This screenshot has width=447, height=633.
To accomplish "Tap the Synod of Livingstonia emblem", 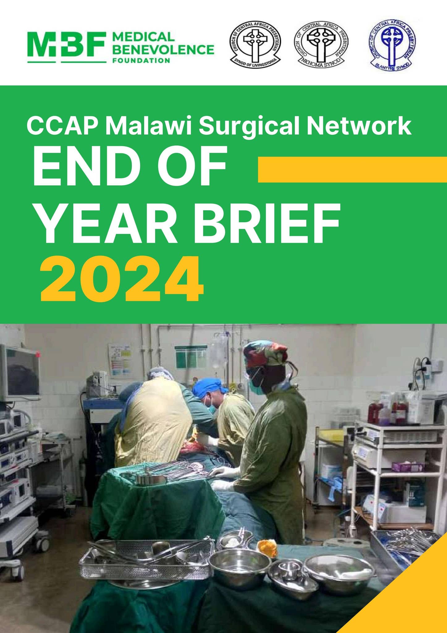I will tap(255, 45).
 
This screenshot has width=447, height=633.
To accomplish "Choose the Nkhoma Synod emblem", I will tap(320, 45).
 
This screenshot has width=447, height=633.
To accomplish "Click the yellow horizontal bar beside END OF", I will tap(352, 170).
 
